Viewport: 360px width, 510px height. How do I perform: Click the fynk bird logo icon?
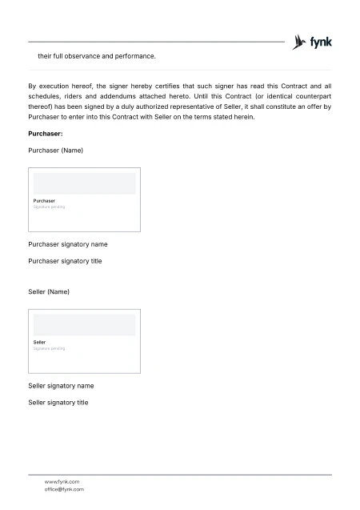pos(300,42)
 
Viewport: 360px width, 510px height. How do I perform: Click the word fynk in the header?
pos(321,42)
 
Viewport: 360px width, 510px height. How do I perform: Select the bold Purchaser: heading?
pos(46,134)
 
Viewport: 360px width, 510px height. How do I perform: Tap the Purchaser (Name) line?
pos(55,151)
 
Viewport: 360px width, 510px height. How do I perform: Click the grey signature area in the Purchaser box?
pos(84,183)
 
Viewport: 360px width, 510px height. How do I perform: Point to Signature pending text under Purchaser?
pos(49,207)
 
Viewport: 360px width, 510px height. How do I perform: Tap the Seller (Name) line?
pos(49,292)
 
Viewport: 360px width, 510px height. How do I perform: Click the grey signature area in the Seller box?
pos(84,325)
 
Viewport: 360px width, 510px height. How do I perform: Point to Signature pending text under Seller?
pos(49,348)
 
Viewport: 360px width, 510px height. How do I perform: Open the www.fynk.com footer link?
pos(62,481)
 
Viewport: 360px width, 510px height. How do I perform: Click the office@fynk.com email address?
pos(64,489)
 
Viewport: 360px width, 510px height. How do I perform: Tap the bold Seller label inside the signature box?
pos(39,342)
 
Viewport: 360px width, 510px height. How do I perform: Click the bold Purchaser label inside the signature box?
pos(44,200)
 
